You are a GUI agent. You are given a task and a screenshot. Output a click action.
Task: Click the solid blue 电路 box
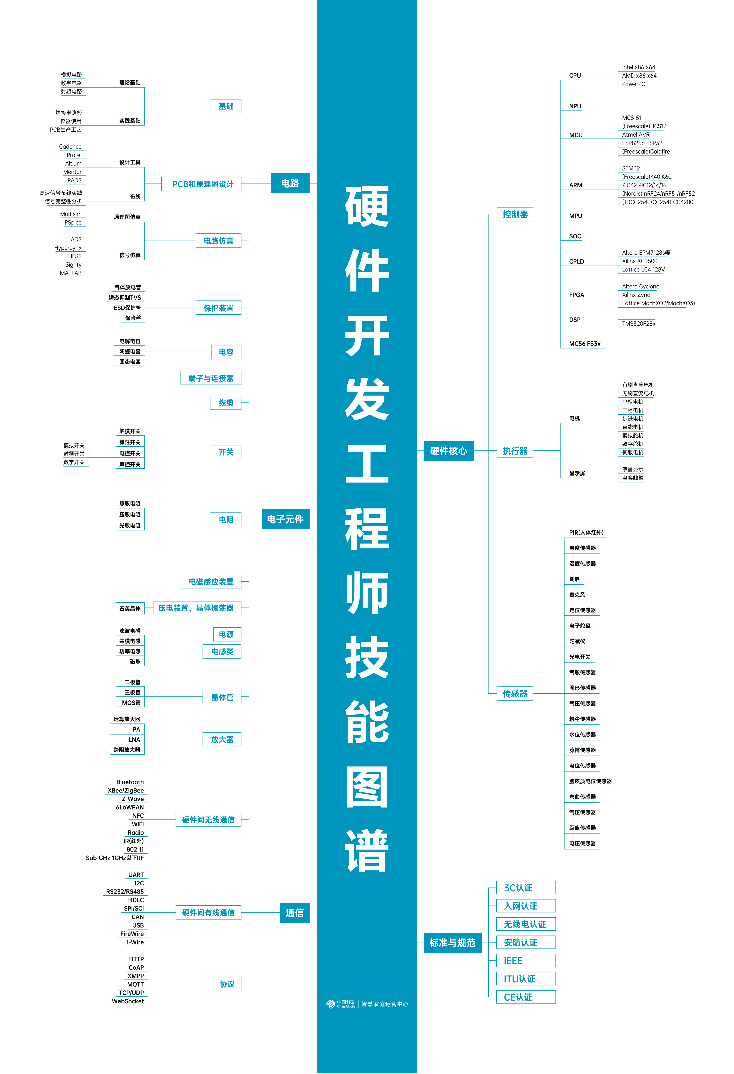pos(290,184)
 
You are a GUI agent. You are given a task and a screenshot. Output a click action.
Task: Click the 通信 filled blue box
pos(294,913)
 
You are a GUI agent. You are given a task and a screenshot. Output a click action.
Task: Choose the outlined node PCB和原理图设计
pos(202,184)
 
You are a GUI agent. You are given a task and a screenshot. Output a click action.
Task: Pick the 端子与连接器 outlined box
pos(211,378)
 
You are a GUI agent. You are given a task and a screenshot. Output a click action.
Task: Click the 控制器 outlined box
pos(515,214)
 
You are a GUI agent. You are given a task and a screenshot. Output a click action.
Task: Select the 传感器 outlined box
pos(515,694)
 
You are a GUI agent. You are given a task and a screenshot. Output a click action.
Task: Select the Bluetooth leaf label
pos(130,782)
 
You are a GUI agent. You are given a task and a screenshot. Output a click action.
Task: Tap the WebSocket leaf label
pos(128,1001)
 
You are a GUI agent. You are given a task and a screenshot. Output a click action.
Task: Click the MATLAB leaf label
pos(71,273)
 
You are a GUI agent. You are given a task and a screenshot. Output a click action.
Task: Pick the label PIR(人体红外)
pos(586,532)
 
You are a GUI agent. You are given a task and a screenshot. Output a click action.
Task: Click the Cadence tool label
pos(70,147)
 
